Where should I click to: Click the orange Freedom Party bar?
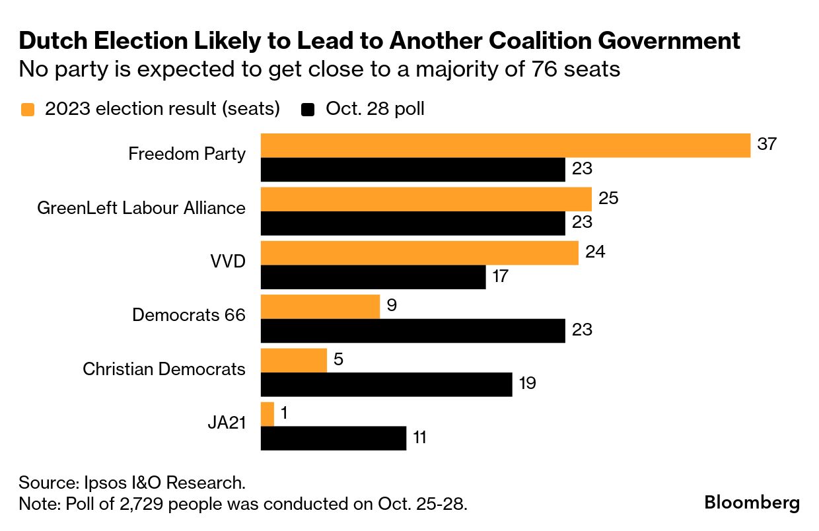505,145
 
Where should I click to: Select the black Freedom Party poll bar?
413,170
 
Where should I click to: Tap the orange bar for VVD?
419,253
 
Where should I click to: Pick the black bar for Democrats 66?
413,330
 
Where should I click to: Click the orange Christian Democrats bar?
294,361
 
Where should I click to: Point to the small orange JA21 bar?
267,414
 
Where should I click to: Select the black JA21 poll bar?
334,438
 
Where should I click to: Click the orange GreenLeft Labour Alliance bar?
426,199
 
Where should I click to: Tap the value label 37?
766,144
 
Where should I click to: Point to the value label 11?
420,438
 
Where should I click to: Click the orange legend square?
28,109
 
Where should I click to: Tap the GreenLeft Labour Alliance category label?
141,208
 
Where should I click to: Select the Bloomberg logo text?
752,503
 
